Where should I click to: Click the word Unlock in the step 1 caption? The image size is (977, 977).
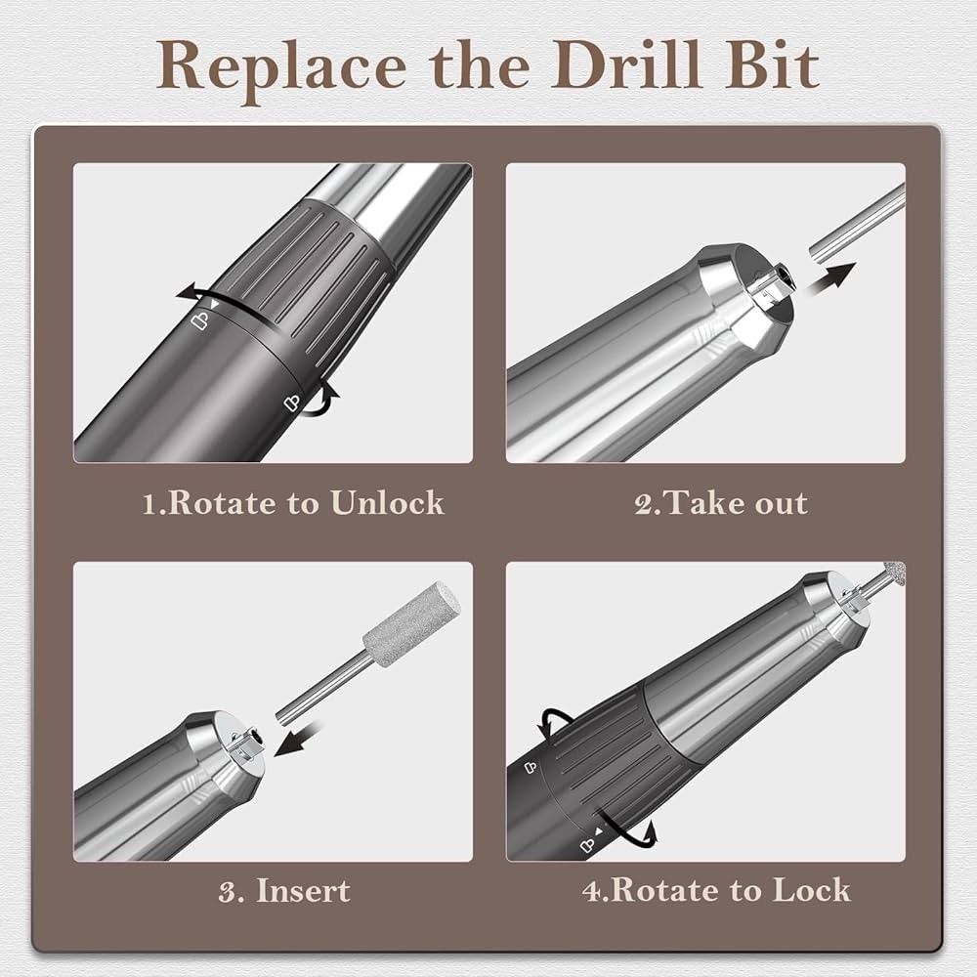tap(387, 503)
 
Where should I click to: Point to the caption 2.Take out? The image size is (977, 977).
tap(721, 504)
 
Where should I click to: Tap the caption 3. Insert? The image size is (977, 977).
tap(284, 890)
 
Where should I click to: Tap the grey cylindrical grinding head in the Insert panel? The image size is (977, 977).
tap(411, 624)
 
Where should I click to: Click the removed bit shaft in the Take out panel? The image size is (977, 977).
tap(860, 223)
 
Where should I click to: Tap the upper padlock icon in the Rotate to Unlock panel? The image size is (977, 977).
tap(199, 319)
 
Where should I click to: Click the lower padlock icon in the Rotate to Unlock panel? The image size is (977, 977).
tap(290, 401)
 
